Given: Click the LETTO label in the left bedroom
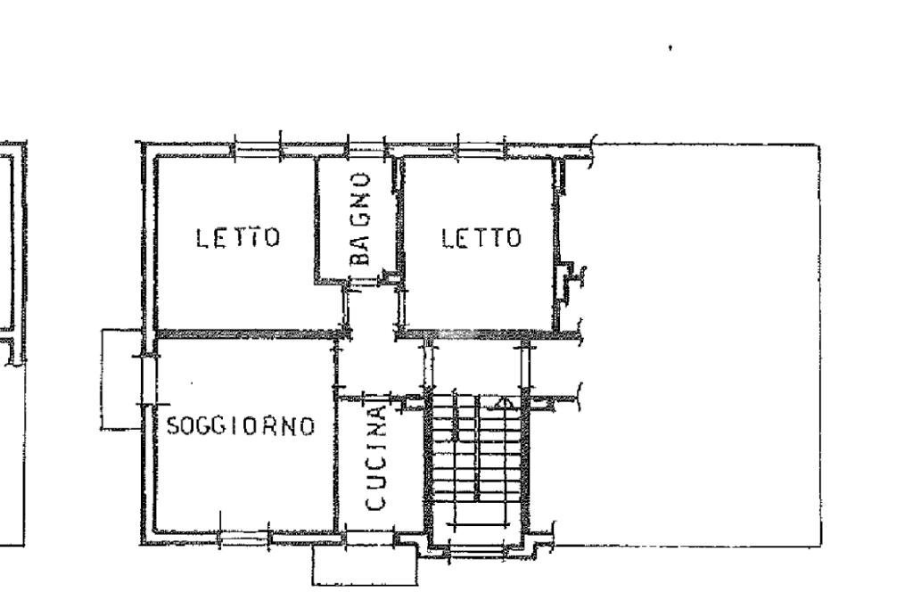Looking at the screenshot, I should pyautogui.click(x=238, y=238).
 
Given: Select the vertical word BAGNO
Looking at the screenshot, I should pyautogui.click(x=359, y=218).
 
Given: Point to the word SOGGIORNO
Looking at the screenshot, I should pyautogui.click(x=242, y=426).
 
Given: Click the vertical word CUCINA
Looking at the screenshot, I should pyautogui.click(x=376, y=458).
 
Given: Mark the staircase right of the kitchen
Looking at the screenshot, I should pyautogui.click(x=476, y=464).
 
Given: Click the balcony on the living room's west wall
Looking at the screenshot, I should pyautogui.click(x=120, y=379).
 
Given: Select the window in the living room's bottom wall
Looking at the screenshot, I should pyautogui.click(x=244, y=537).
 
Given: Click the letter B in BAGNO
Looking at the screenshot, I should pyautogui.click(x=359, y=257).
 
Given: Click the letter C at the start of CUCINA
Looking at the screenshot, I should pyautogui.click(x=376, y=503).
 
